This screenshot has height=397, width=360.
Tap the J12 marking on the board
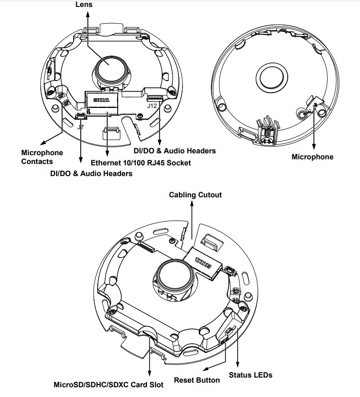click(152, 106)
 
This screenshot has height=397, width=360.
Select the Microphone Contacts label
click(42, 157)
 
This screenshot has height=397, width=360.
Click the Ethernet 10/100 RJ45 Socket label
click(141, 163)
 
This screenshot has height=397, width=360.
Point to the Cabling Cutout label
click(195, 195)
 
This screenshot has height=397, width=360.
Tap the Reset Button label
click(197, 380)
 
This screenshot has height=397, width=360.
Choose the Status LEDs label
click(251, 375)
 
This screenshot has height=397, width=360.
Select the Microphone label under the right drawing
click(312, 157)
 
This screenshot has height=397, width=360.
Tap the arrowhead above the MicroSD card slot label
click(150, 374)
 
